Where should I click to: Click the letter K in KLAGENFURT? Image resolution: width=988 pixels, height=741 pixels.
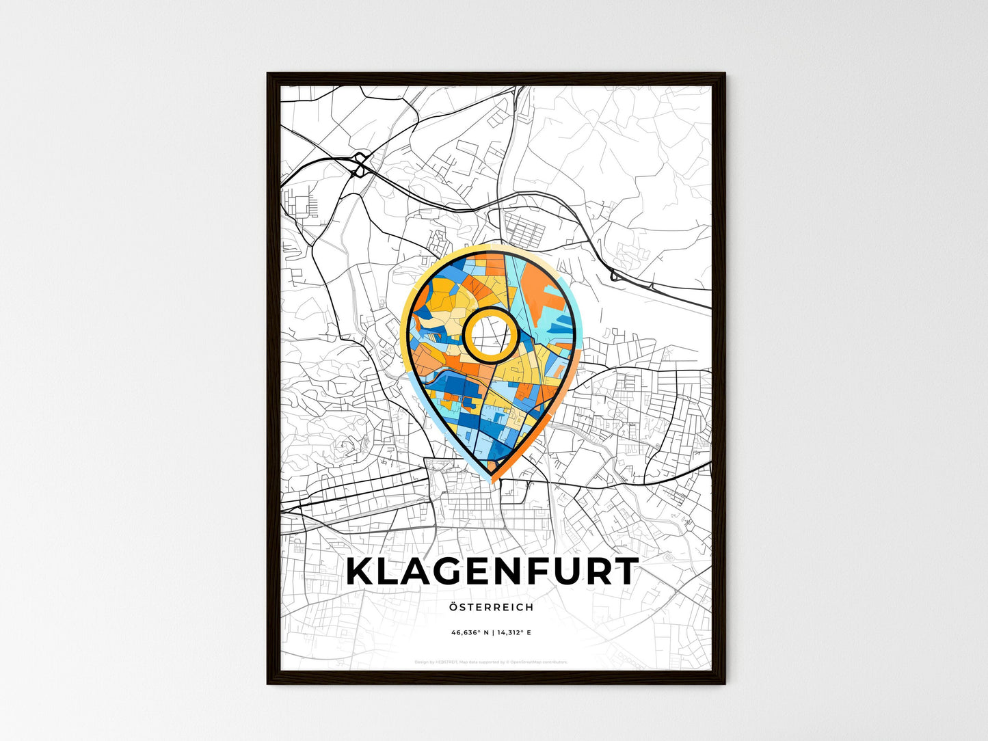[360, 572]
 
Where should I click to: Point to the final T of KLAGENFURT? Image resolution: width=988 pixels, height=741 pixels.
[624, 572]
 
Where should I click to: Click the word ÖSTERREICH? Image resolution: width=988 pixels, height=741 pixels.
[492, 607]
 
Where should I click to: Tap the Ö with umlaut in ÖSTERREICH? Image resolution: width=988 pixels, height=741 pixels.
[454, 607]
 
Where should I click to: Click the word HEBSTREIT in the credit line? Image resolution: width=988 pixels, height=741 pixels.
[445, 662]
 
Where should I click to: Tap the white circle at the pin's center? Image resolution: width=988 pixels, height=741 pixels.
[488, 334]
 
